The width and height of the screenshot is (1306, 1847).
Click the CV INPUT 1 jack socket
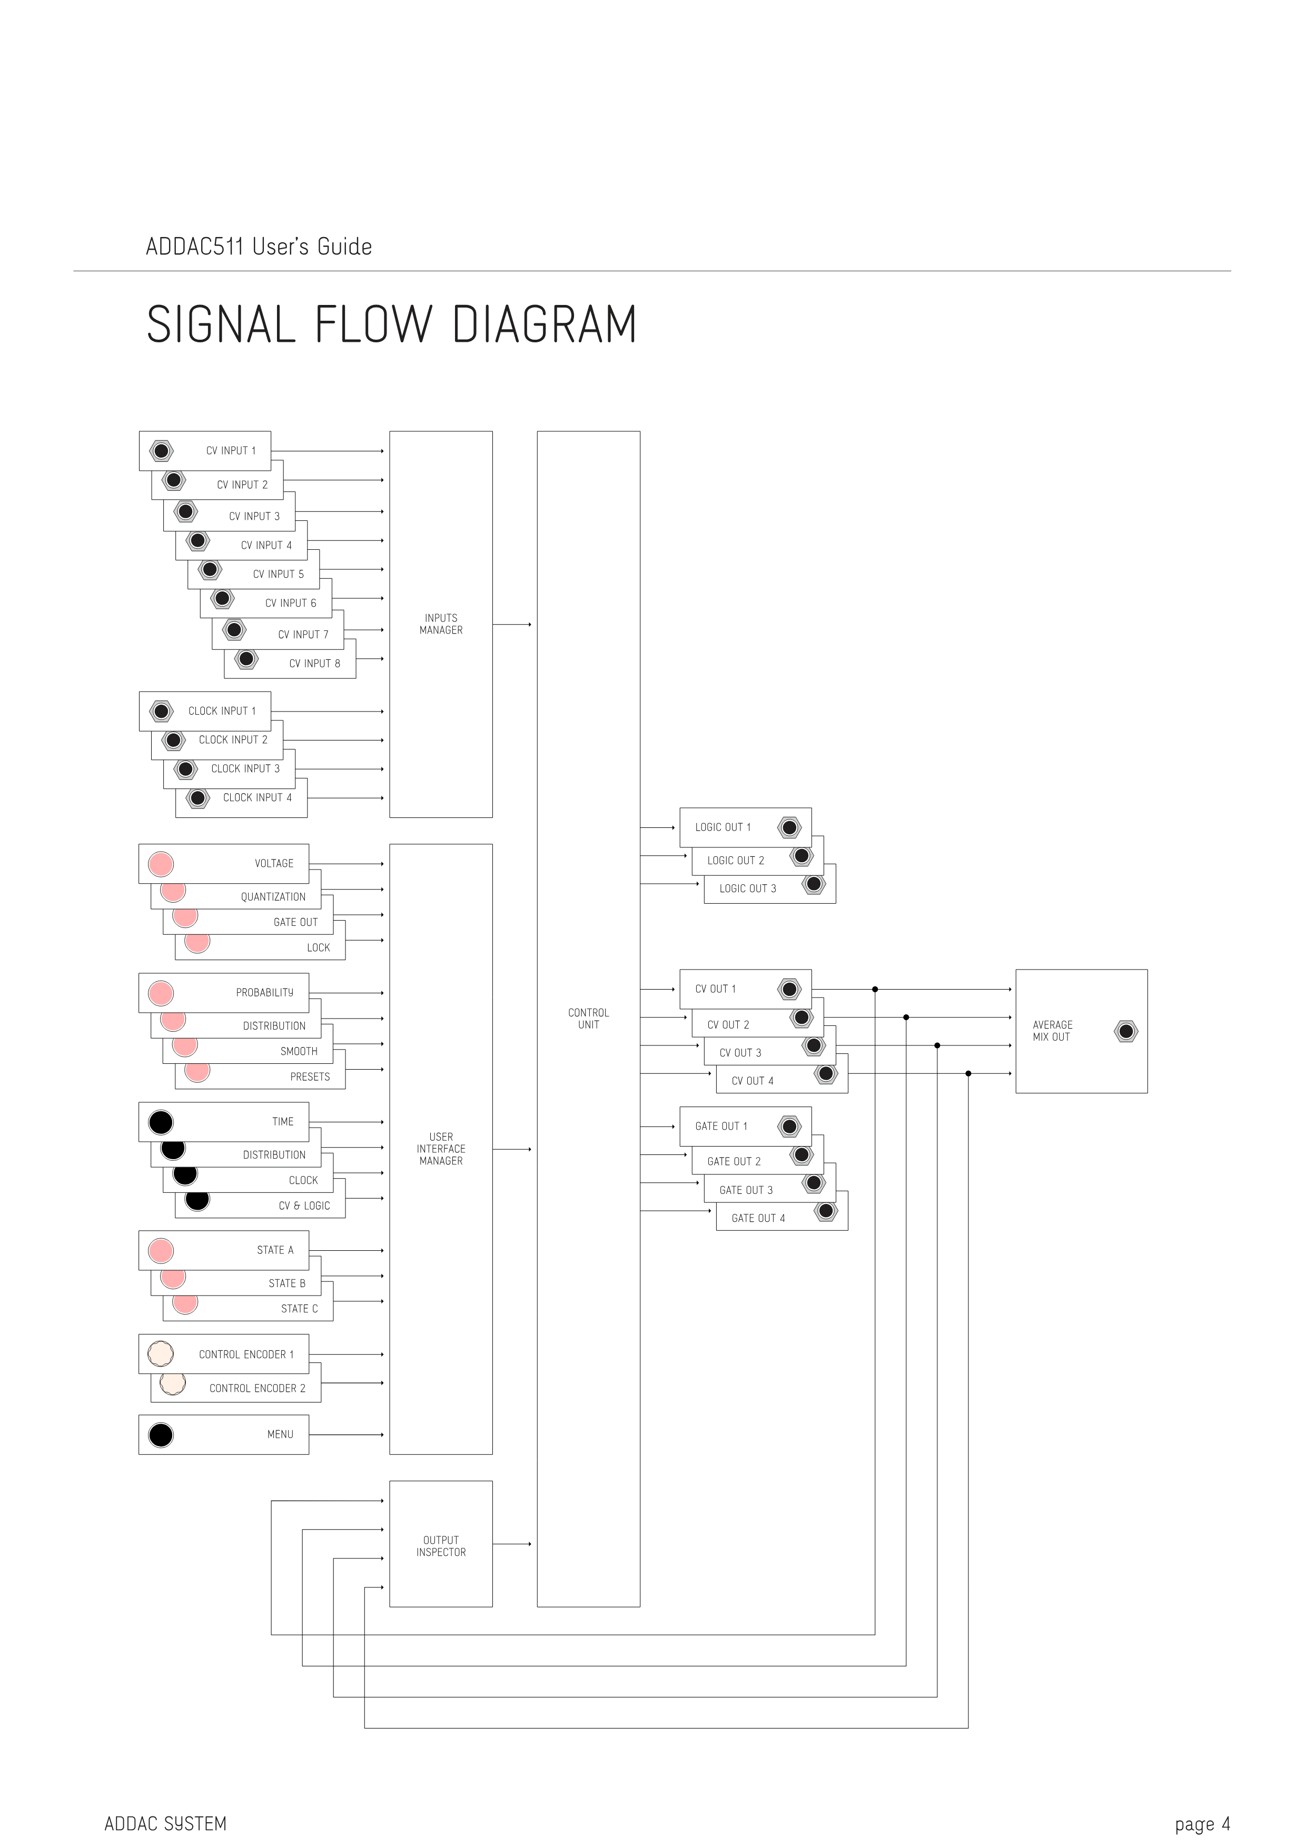[x=161, y=451]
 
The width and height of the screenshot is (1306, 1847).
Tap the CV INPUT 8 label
[x=314, y=664]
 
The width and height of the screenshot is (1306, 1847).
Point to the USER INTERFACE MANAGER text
[x=441, y=1149]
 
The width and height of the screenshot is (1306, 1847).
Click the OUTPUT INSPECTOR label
[x=441, y=1546]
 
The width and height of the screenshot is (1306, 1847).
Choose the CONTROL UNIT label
[x=589, y=1019]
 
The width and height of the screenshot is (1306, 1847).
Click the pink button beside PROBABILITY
[x=161, y=993]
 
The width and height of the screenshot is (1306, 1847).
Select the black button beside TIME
[x=161, y=1122]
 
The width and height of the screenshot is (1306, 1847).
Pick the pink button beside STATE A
[x=161, y=1251]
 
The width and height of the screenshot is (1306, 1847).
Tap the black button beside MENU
[x=161, y=1435]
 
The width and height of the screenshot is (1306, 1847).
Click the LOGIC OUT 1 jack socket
[x=790, y=828]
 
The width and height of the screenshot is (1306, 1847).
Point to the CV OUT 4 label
[x=752, y=1081]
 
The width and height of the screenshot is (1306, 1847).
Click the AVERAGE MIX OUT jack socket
[x=1126, y=1031]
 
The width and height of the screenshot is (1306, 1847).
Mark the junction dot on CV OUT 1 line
[x=875, y=990]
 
